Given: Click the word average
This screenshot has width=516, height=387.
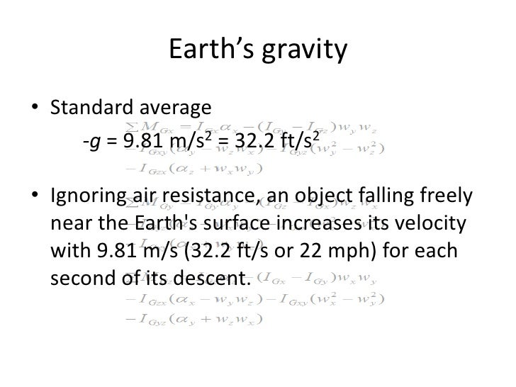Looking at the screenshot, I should (x=176, y=108).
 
